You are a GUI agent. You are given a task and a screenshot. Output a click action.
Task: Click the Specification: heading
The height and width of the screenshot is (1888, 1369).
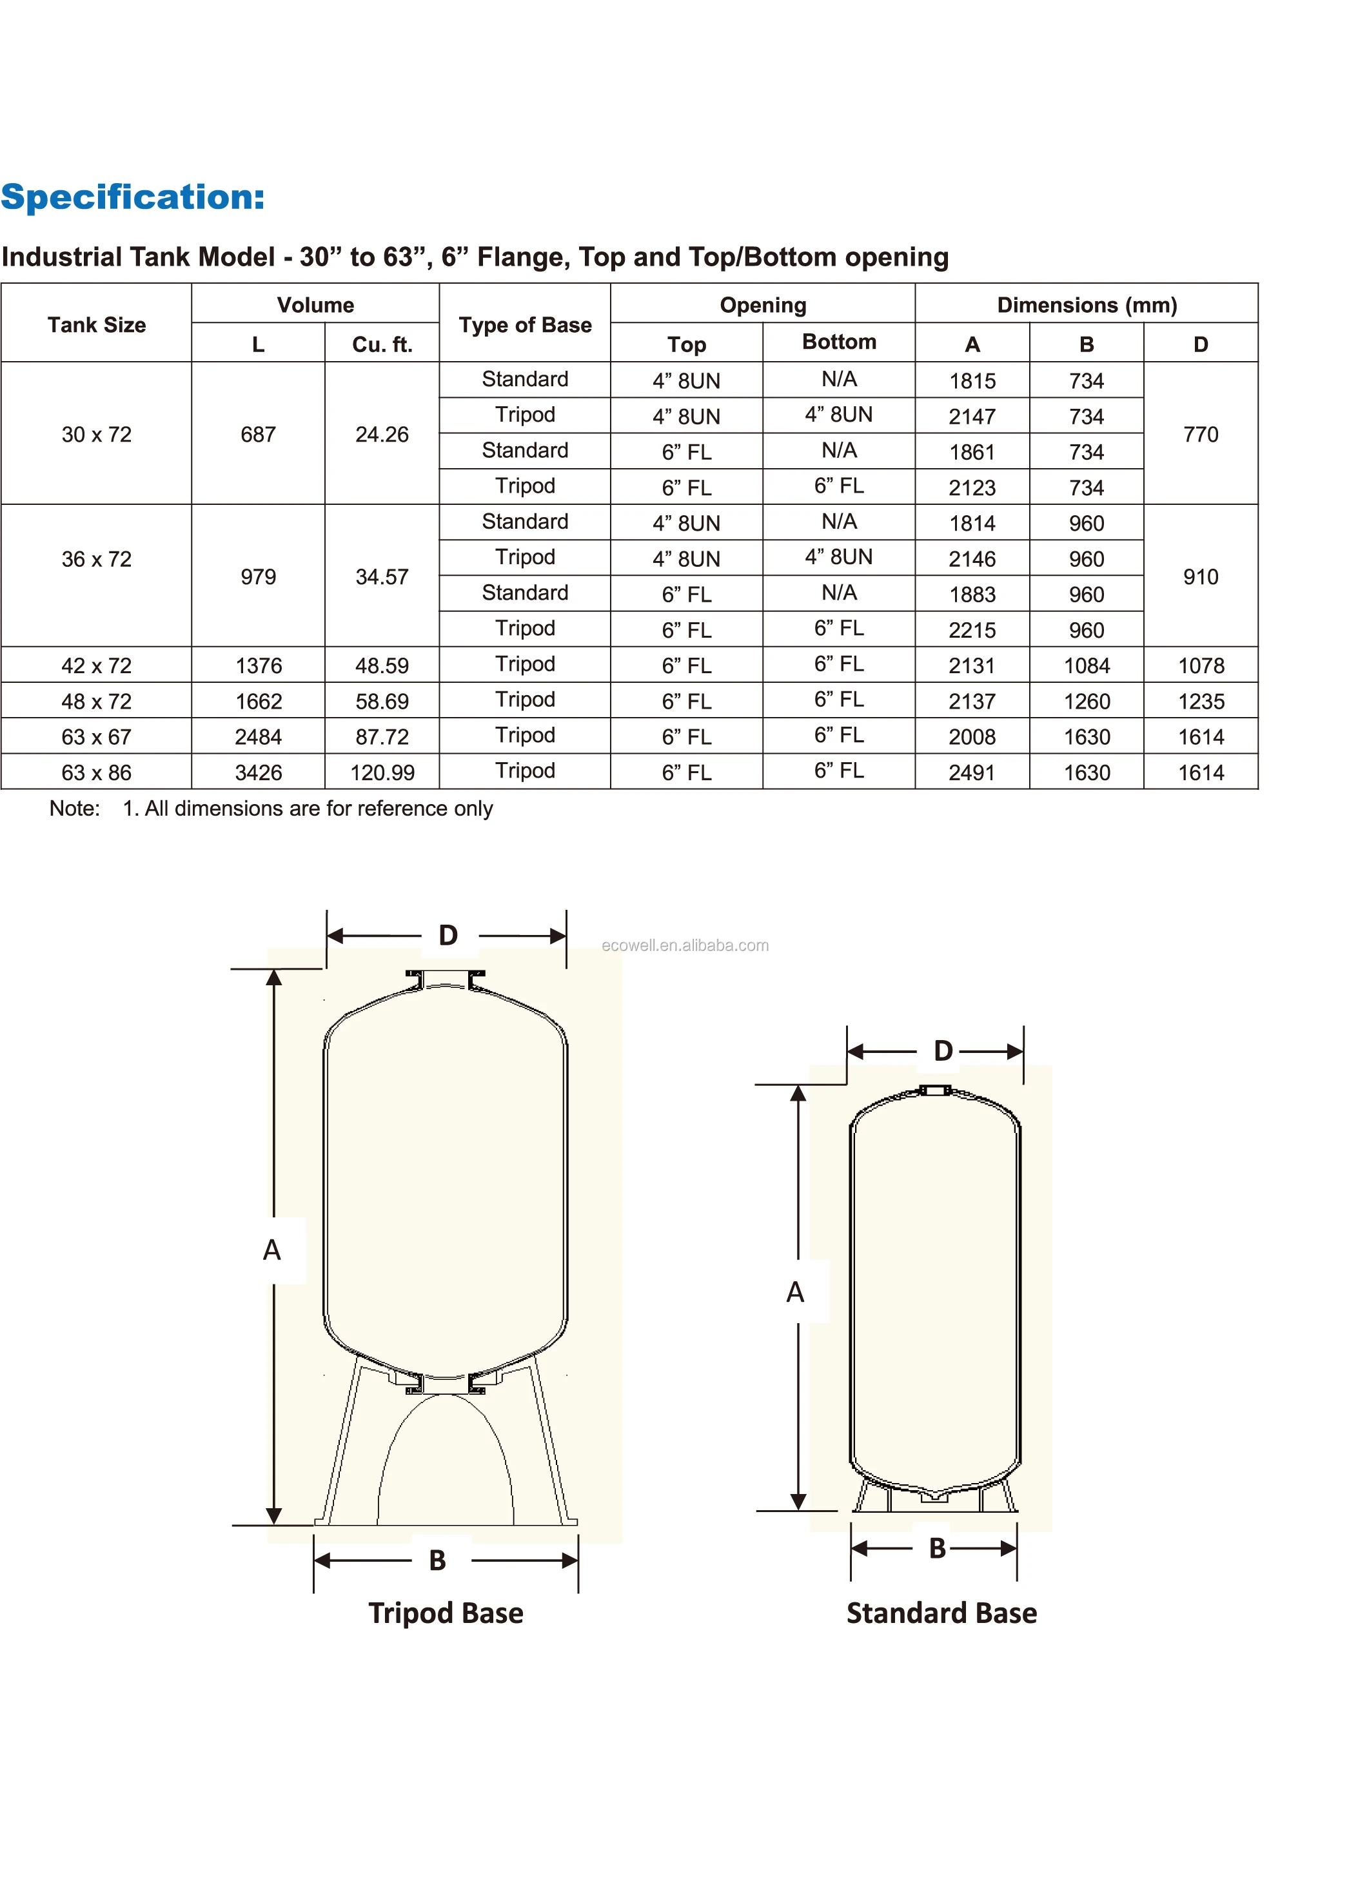click(132, 197)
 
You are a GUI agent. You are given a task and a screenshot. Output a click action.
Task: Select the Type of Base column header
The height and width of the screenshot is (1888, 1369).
click(525, 324)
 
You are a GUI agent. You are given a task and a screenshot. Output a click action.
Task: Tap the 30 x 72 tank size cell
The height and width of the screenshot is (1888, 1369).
click(97, 435)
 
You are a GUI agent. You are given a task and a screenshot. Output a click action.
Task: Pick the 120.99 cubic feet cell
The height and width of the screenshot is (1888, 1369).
click(382, 772)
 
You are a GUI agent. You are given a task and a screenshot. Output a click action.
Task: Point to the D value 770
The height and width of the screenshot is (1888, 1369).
click(1200, 435)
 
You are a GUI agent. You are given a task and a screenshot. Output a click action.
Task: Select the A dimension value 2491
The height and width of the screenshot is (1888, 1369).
click(972, 772)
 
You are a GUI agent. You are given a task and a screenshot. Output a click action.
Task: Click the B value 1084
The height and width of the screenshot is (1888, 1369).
click(1087, 666)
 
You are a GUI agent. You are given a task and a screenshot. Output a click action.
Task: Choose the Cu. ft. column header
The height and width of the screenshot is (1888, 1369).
click(382, 344)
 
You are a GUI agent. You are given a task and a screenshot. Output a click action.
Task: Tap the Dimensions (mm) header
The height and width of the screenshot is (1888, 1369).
click(1087, 305)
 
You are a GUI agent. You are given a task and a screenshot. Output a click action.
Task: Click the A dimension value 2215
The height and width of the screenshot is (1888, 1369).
click(972, 630)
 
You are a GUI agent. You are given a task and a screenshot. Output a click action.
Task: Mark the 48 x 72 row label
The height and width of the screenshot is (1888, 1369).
click(97, 702)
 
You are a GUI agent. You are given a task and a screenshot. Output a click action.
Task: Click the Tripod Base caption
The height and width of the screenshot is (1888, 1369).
click(446, 1613)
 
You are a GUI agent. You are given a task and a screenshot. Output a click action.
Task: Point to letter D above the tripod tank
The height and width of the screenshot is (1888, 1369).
click(448, 935)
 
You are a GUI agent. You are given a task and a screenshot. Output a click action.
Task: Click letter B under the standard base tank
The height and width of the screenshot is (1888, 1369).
click(937, 1548)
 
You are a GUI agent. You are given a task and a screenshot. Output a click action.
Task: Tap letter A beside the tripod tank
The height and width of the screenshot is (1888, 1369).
click(271, 1250)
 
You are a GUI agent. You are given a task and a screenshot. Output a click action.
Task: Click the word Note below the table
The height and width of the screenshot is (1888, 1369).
click(74, 809)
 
